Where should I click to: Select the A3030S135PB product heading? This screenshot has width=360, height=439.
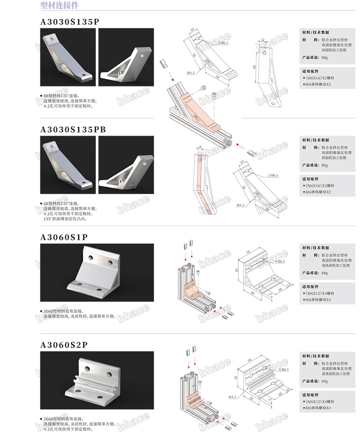coord(73,130)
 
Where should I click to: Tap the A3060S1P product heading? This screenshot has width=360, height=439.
coord(64,237)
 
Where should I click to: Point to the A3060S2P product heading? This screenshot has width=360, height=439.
coord(64,345)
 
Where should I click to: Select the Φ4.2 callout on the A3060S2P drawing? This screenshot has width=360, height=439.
coord(234,397)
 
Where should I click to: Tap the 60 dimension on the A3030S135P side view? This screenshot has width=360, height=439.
coord(254,67)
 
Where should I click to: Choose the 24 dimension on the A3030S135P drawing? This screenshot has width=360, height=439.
coord(192,30)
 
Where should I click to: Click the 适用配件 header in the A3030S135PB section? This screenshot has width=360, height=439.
coord(310,179)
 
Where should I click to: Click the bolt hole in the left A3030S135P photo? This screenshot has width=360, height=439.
coord(84,74)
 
